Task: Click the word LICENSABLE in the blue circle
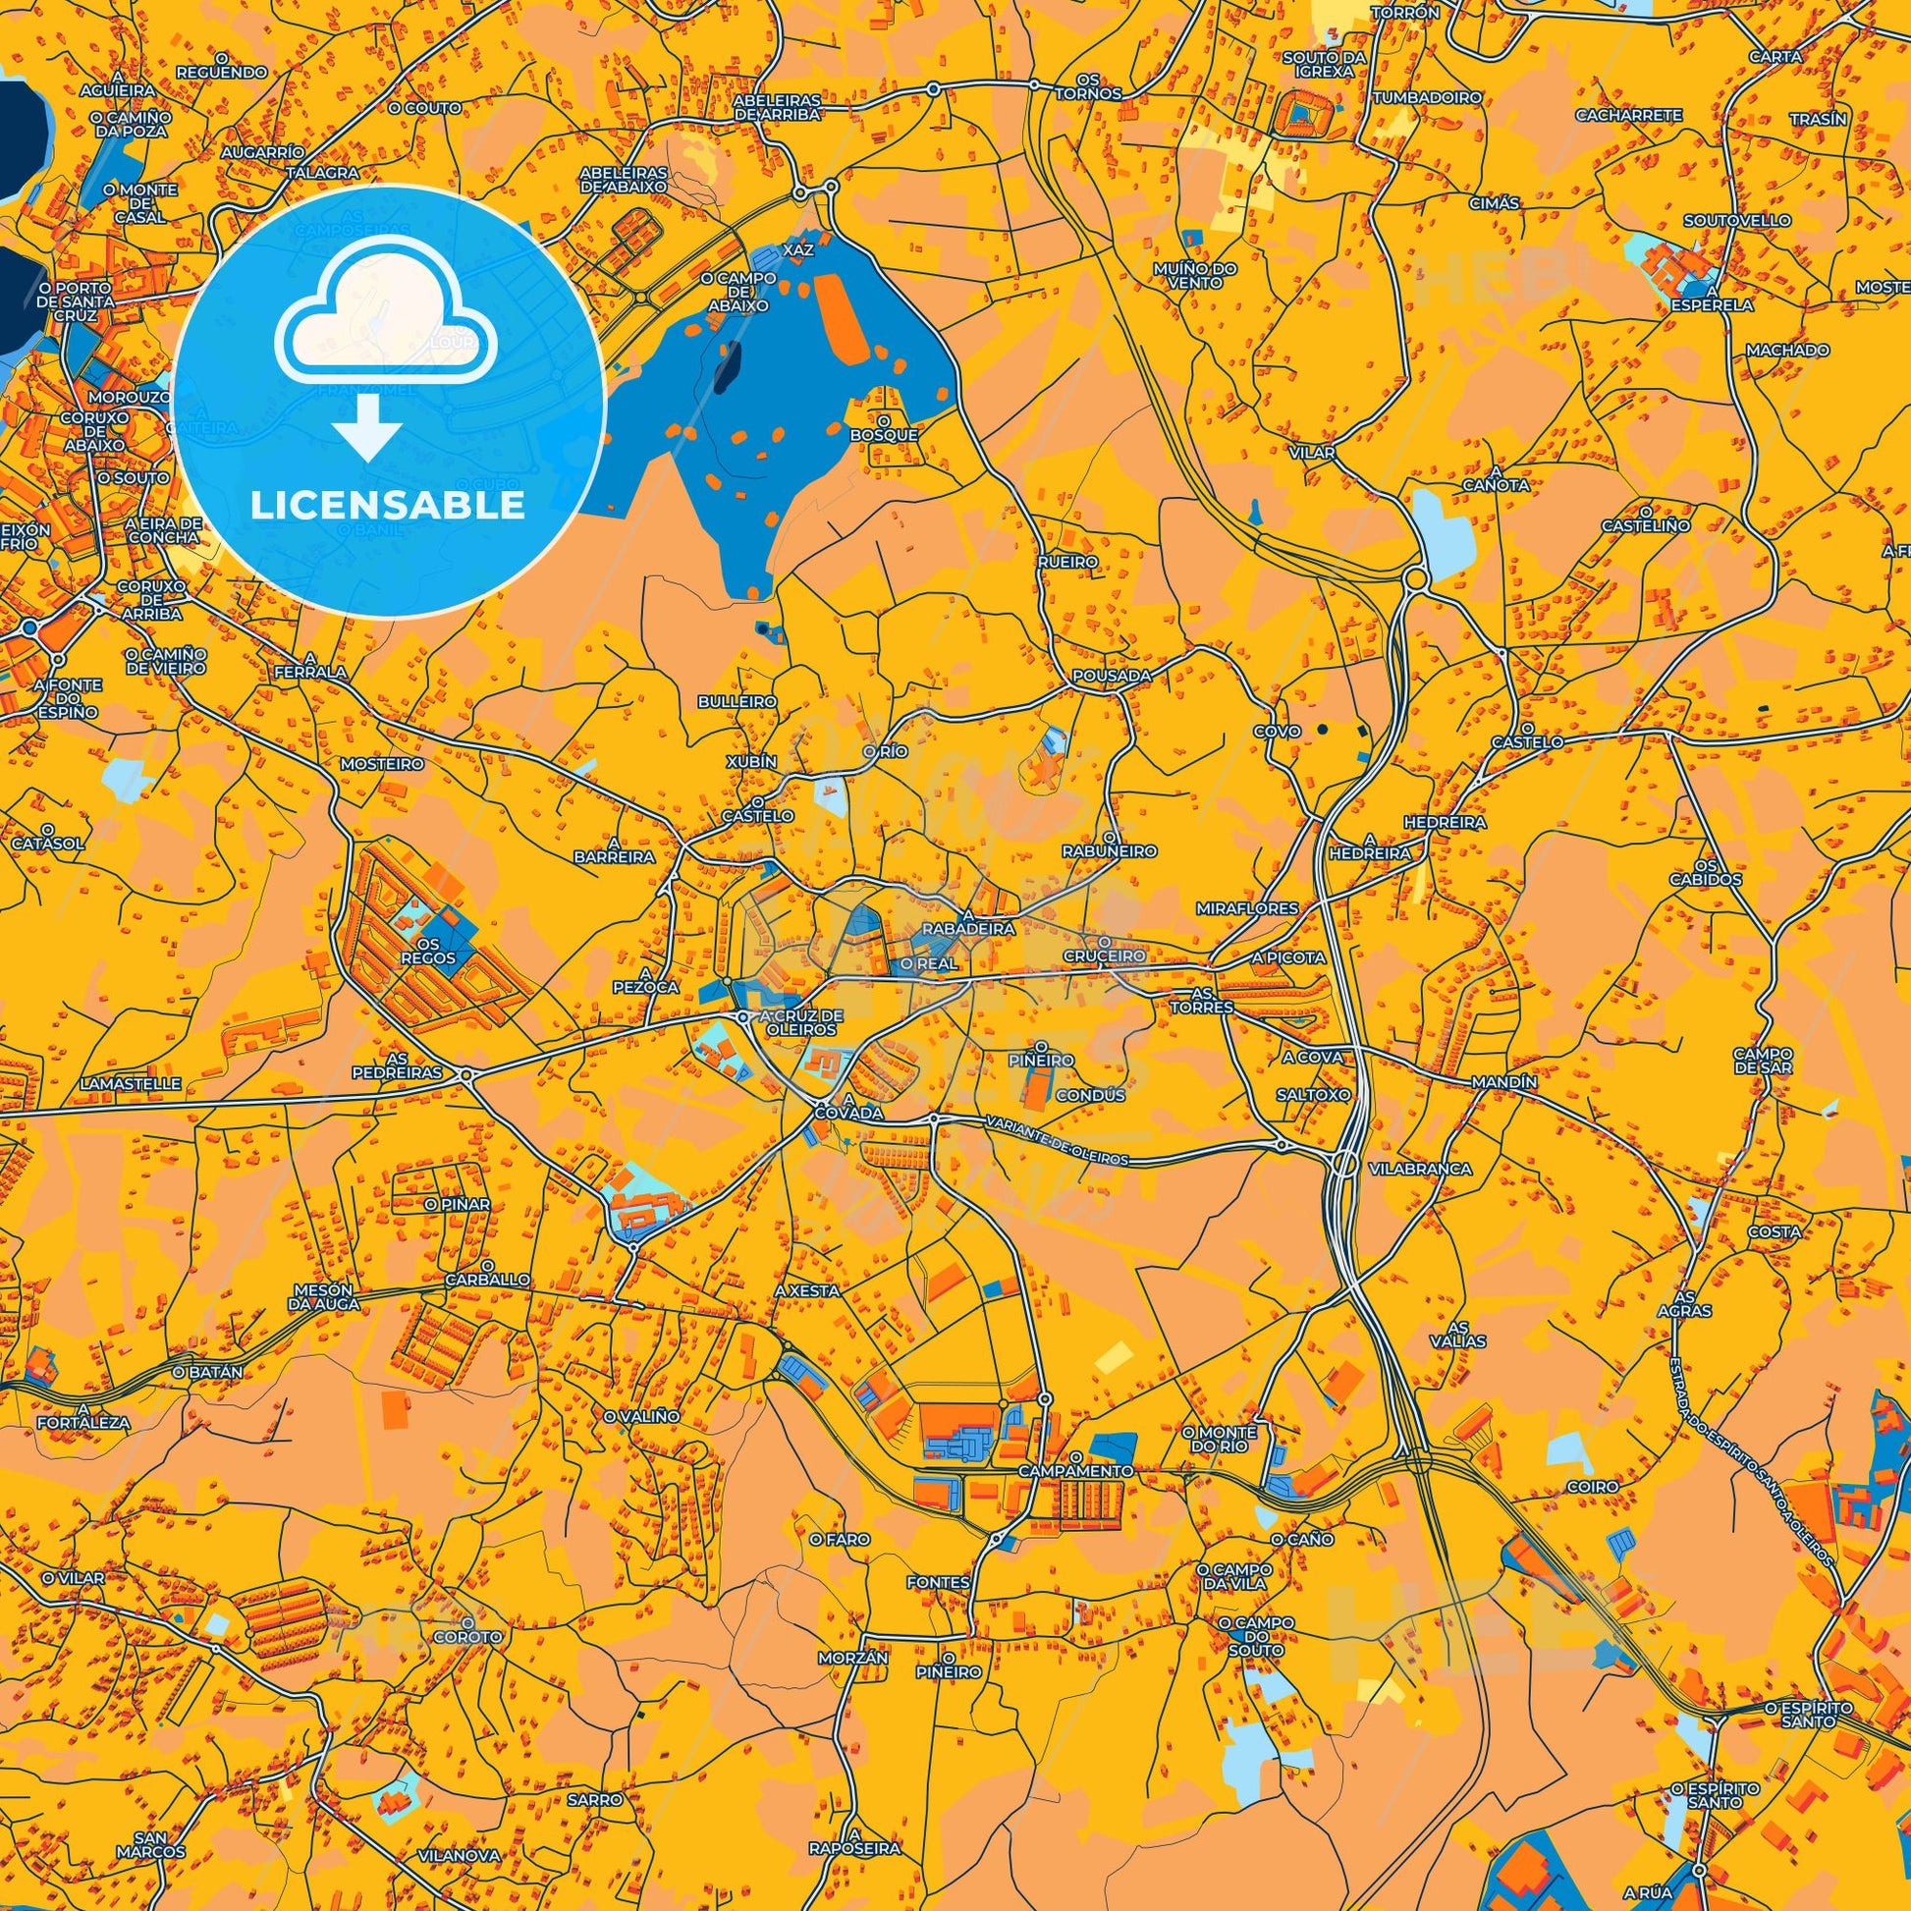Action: coord(387,506)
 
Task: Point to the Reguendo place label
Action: coord(223,73)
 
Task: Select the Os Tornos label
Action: coord(1087,86)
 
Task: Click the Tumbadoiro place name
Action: coord(1427,97)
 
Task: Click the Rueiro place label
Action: coord(1067,561)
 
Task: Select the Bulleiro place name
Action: coord(737,700)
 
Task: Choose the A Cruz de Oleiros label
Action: coord(801,1021)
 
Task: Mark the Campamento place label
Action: coord(1076,1471)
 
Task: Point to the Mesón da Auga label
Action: coord(325,1296)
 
